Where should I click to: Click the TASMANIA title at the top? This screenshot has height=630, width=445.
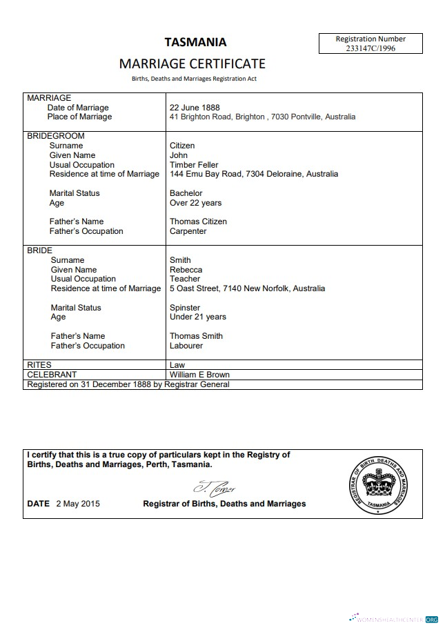[195, 41]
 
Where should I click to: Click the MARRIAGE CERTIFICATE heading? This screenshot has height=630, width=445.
[192, 63]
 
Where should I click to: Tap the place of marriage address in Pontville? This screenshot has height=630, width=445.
[262, 117]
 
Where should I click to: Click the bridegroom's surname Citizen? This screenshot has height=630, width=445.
[182, 146]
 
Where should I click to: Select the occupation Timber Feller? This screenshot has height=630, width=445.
[194, 165]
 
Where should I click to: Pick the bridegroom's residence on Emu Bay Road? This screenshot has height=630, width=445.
[254, 174]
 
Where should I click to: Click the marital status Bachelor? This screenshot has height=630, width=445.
[186, 193]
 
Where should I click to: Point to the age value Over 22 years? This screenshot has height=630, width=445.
[195, 203]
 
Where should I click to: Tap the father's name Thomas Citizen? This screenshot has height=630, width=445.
[198, 222]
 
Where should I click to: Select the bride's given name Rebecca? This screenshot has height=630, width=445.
[186, 270]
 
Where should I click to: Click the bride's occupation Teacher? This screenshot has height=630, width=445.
[184, 279]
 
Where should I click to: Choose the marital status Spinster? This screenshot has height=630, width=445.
[185, 308]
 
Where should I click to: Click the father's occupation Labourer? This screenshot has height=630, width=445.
[186, 346]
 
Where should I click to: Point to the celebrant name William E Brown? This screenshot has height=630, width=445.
[199, 375]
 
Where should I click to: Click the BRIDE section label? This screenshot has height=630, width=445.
[39, 250]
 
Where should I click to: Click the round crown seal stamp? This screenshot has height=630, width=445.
[377, 485]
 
